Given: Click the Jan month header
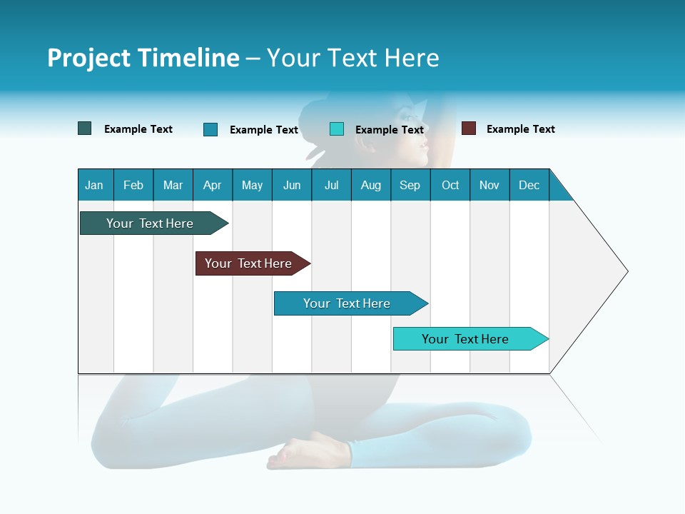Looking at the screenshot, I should (x=94, y=185).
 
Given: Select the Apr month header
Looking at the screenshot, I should (x=212, y=185).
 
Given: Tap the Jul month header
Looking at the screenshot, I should (x=331, y=185).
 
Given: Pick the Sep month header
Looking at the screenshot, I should (x=410, y=185).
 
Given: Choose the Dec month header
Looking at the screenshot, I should (x=529, y=185).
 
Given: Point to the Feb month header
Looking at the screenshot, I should (x=133, y=185).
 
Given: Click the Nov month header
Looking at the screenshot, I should (x=489, y=185).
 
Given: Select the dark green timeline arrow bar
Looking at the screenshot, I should (x=150, y=223).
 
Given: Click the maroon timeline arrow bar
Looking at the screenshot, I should (x=248, y=263).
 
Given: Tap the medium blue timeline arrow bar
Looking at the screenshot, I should (x=347, y=303).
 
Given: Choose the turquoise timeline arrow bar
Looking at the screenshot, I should (x=465, y=339).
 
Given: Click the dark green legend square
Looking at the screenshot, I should (x=85, y=128).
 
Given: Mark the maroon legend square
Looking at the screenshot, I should (x=469, y=128).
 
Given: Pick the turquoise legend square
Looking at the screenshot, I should (x=337, y=129).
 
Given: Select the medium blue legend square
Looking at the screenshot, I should (x=210, y=129).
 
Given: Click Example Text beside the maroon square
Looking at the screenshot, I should (x=520, y=129).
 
